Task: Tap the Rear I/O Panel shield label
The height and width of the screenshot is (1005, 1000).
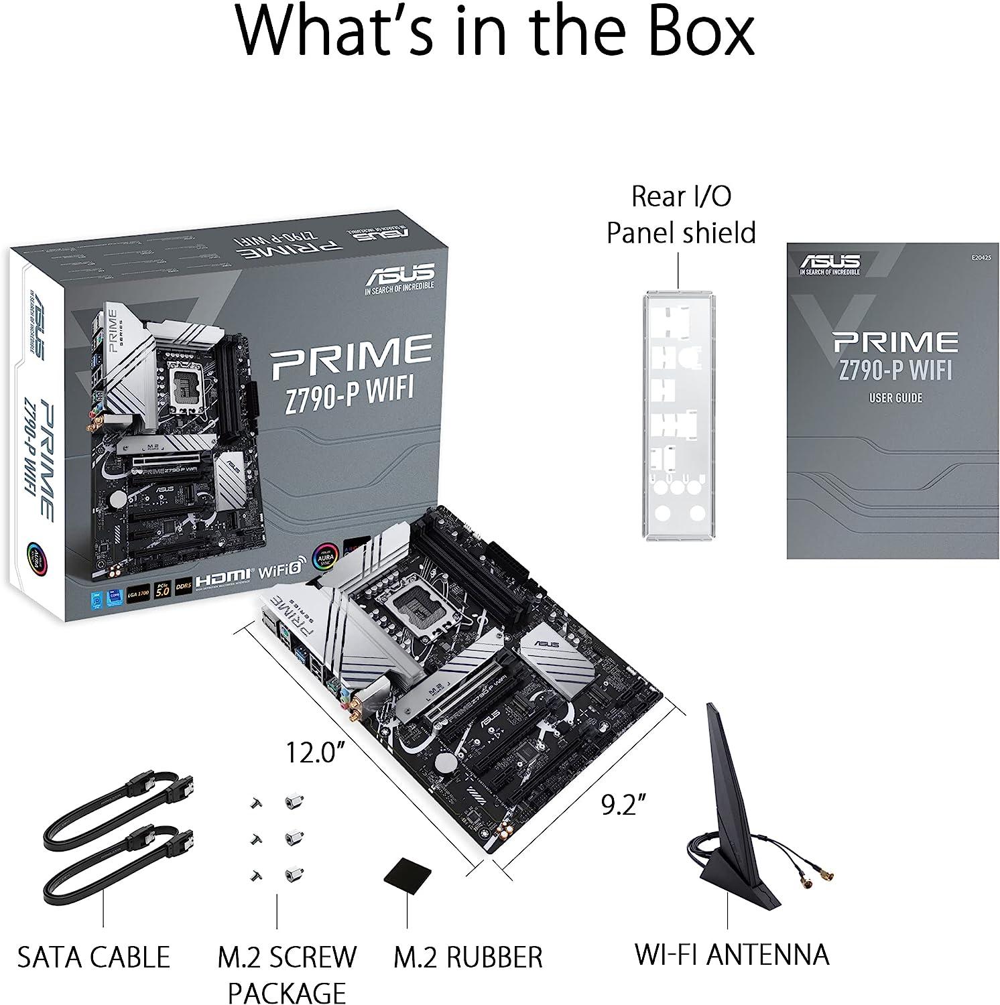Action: point(681,214)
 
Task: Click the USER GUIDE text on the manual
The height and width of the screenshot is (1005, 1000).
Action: point(895,398)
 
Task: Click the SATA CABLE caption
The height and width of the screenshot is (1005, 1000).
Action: point(94,957)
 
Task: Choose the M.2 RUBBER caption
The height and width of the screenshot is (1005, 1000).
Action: point(467,957)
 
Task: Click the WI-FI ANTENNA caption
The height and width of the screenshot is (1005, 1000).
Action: point(732,954)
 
